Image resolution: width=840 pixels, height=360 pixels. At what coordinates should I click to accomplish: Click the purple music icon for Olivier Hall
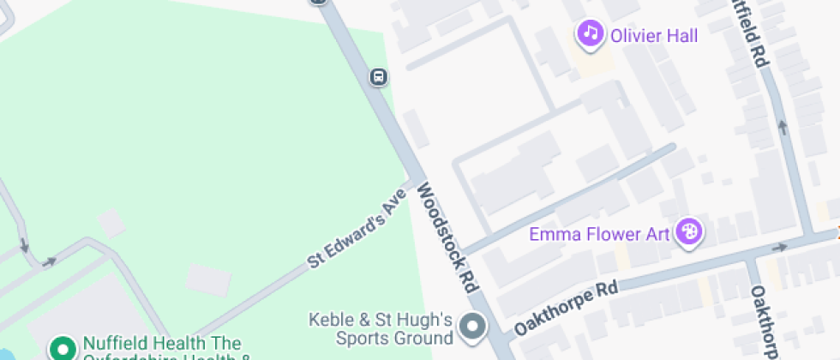[590, 34]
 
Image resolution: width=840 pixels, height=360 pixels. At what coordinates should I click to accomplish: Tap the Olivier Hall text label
[653, 35]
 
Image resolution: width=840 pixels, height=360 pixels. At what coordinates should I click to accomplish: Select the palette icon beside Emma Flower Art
[689, 231]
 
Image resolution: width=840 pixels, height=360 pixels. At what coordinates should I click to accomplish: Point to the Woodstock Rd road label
[447, 237]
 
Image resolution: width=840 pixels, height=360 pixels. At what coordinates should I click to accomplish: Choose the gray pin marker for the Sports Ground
[471, 327]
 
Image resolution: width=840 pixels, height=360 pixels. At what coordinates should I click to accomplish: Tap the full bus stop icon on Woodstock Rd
[378, 77]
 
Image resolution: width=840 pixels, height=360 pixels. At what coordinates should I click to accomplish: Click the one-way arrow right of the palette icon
[780, 247]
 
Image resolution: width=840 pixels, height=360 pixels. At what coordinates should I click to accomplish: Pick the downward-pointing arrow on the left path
[24, 247]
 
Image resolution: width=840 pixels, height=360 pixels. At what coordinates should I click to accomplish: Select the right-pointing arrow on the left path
[50, 261]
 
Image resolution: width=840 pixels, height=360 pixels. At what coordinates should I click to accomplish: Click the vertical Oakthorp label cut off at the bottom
[763, 321]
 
